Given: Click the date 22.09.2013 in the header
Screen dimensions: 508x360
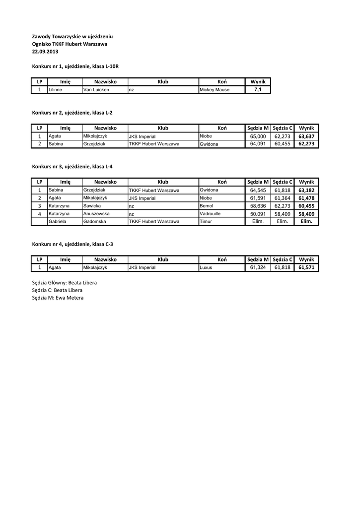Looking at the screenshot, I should point(45,51).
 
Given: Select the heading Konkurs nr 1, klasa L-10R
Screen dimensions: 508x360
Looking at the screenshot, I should point(75,66).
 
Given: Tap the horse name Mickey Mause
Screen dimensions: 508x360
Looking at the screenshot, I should point(214,90).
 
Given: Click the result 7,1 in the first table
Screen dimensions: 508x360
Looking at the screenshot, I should point(258,90).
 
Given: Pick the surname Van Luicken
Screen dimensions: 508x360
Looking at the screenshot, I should point(96,90).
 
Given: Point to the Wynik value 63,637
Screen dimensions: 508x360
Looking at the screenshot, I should point(306,136).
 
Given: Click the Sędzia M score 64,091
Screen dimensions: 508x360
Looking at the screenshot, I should point(258,144).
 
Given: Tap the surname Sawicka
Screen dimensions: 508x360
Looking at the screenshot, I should point(92,205).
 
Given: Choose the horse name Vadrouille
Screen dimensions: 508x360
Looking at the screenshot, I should point(210,213).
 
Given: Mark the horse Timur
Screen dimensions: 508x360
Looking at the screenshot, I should point(206,221).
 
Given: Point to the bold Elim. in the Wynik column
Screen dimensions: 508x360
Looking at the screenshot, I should point(306,221).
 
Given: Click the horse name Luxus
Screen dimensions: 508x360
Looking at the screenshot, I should point(206,267).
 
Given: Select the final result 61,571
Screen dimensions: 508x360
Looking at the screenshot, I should point(306,267).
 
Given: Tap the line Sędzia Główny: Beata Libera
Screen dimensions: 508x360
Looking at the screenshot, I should point(64,283).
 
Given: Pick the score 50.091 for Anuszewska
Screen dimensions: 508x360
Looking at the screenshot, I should point(258,213).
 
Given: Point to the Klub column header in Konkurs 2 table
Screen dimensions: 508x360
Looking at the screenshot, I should point(163,128).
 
